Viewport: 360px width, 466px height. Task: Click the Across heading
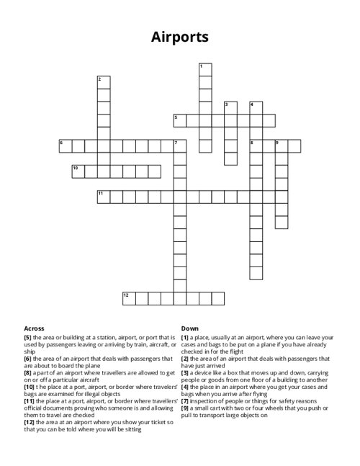[33, 328]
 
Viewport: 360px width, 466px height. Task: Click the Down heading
[190, 328]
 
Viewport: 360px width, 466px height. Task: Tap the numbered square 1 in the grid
[205, 69]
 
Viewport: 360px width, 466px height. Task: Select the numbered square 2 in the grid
[104, 81]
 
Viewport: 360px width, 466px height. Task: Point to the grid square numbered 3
[230, 108]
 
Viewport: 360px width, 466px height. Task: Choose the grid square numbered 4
[256, 108]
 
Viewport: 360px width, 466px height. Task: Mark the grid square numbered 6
[66, 145]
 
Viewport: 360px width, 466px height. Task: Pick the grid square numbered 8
[256, 145]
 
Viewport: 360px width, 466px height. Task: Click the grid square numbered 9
[281, 145]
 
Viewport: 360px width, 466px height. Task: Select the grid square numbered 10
[78, 171]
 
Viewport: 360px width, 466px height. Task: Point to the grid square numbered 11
[104, 196]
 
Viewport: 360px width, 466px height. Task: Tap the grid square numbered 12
[129, 297]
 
